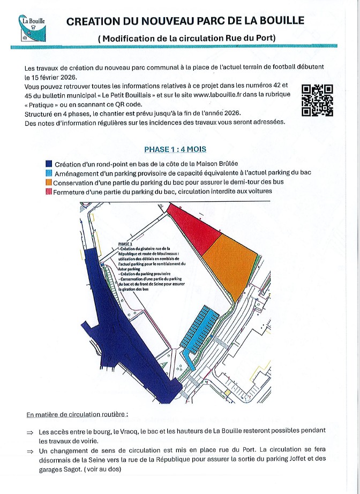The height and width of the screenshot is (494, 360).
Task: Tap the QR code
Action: [x=318, y=100]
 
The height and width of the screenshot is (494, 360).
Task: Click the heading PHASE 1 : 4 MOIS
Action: [x=175, y=149]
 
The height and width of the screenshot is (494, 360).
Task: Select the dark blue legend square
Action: [x=49, y=164]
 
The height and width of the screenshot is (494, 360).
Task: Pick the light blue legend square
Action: [x=49, y=173]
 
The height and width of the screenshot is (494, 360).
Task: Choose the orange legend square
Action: [x=49, y=182]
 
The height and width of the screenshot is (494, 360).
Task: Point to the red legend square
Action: [x=49, y=191]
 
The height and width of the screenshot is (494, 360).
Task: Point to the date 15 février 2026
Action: [x=55, y=77]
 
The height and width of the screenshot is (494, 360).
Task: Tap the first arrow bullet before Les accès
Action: [x=30, y=431]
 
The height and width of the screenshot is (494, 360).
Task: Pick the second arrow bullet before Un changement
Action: [x=30, y=451]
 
